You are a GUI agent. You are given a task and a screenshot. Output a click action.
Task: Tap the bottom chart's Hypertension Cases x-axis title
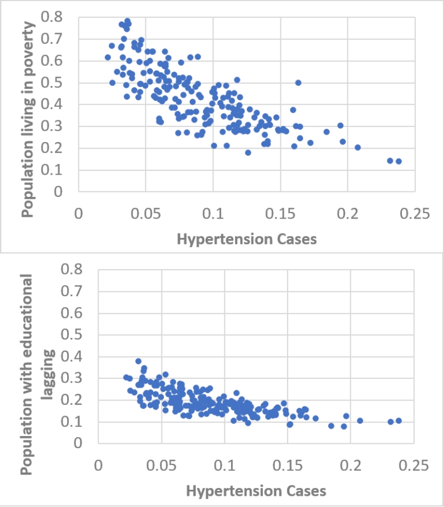point(256,491)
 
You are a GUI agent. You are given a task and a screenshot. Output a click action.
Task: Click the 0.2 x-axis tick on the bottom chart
point(351,465)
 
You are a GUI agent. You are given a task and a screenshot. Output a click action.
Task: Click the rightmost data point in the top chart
point(399,161)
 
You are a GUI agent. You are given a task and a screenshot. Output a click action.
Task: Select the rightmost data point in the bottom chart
point(399,420)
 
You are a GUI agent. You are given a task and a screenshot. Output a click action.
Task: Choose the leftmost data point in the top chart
point(108,57)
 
